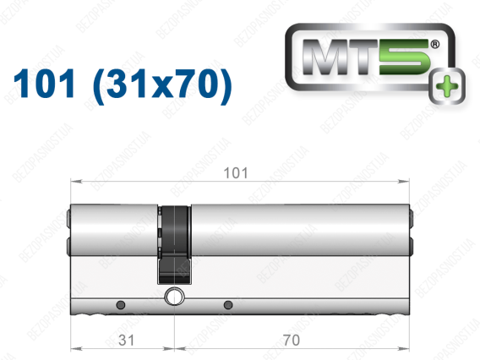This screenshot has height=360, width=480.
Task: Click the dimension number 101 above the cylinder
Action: click(x=236, y=173)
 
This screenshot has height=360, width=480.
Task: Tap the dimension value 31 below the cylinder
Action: click(x=127, y=340)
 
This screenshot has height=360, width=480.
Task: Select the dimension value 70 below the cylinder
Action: click(x=291, y=340)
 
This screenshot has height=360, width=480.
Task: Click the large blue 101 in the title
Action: click(x=44, y=84)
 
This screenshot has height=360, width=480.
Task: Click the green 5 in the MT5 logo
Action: click(x=405, y=57)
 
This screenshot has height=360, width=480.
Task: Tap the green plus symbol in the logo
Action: click(x=447, y=86)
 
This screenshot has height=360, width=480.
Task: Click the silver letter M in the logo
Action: click(x=325, y=57)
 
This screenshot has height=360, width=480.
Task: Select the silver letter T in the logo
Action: click(x=363, y=57)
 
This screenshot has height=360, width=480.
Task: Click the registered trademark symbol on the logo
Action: click(x=434, y=45)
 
